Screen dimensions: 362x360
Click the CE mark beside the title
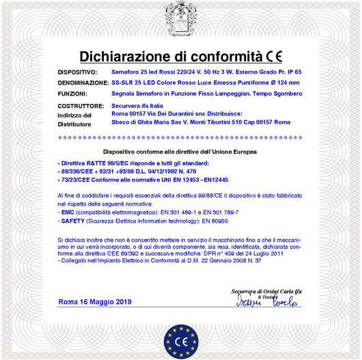pyautogui.click(x=274, y=56)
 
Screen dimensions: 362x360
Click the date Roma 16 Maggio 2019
pyautogui.click(x=95, y=302)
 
